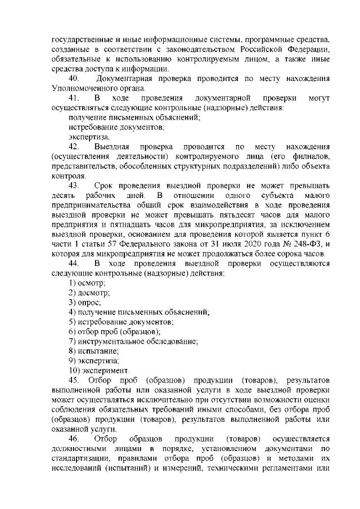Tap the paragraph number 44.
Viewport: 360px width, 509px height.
75,263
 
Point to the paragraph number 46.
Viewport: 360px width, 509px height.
75,438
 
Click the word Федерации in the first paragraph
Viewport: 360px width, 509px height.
305,49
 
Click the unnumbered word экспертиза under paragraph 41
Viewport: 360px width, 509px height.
89,137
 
